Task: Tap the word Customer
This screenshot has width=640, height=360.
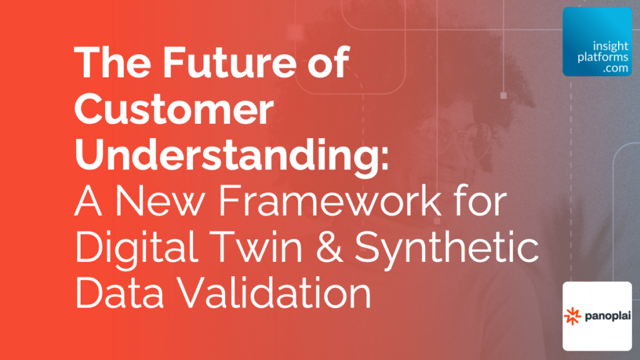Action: [174, 109]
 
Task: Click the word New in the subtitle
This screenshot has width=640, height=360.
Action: [159, 201]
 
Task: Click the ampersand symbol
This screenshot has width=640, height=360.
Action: [329, 247]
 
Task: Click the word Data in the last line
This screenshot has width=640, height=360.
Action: [119, 292]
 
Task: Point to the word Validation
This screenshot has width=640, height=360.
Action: [275, 292]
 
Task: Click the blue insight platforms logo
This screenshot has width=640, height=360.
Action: [597, 42]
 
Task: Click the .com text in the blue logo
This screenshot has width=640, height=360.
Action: [616, 68]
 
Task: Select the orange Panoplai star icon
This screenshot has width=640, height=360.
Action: [572, 316]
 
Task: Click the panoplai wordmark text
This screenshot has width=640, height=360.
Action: [607, 316]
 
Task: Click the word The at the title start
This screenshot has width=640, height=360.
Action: [112, 62]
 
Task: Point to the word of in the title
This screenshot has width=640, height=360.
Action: [329, 62]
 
